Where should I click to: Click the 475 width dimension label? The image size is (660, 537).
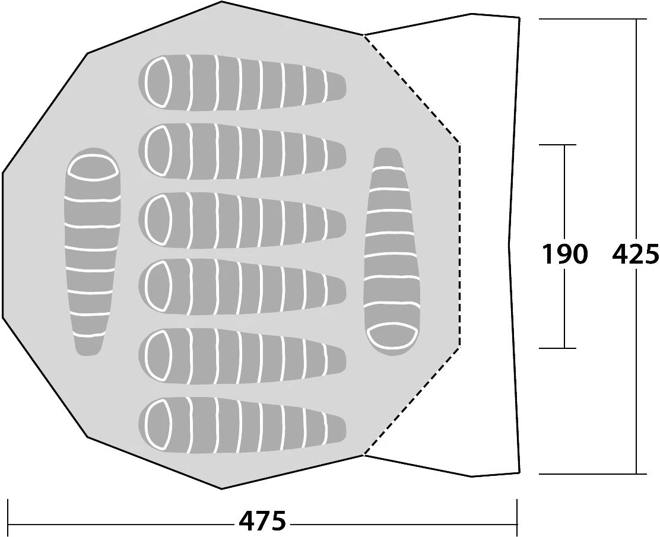tap(262, 522)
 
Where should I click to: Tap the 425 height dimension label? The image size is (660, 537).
tap(635, 255)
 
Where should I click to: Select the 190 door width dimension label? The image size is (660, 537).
tap(564, 255)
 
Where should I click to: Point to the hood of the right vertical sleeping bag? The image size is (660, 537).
tap(389, 336)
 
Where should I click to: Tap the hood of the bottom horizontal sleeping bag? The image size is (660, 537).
tap(160, 425)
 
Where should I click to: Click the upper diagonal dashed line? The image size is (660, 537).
tap(412, 89)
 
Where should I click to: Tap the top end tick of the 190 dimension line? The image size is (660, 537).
tap(564, 145)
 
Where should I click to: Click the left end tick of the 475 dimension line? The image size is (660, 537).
tap(8, 513)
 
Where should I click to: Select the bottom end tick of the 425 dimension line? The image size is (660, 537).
tap(636, 474)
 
